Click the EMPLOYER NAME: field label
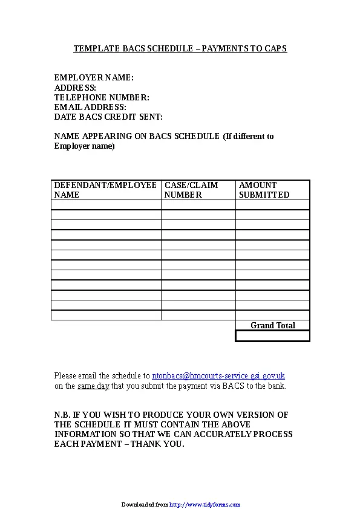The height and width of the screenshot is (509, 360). coord(94,77)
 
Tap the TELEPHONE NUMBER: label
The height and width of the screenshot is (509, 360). coord(102,97)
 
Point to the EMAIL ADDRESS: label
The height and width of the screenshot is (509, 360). coord(90,107)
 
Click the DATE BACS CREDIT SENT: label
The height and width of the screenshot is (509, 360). coord(108,117)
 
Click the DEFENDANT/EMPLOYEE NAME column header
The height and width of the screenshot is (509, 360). coord(105,190)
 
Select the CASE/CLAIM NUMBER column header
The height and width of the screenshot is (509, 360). coord(191,190)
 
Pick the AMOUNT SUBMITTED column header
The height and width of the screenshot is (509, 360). coord(264,190)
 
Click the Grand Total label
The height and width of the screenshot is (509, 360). coord(273,325)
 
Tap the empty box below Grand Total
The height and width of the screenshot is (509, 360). coord(272,336)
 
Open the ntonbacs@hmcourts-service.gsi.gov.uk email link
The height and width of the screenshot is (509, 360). coord(218,375)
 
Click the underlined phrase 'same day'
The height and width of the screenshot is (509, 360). coord(93,386)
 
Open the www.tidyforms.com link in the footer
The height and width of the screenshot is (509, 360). coord(205,504)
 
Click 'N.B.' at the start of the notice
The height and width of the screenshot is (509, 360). coord(62,415)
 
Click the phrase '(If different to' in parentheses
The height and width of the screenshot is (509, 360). coord(248,136)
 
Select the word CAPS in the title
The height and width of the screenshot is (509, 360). coord(275,48)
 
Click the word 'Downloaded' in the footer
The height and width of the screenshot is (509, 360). coord(137,504)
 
